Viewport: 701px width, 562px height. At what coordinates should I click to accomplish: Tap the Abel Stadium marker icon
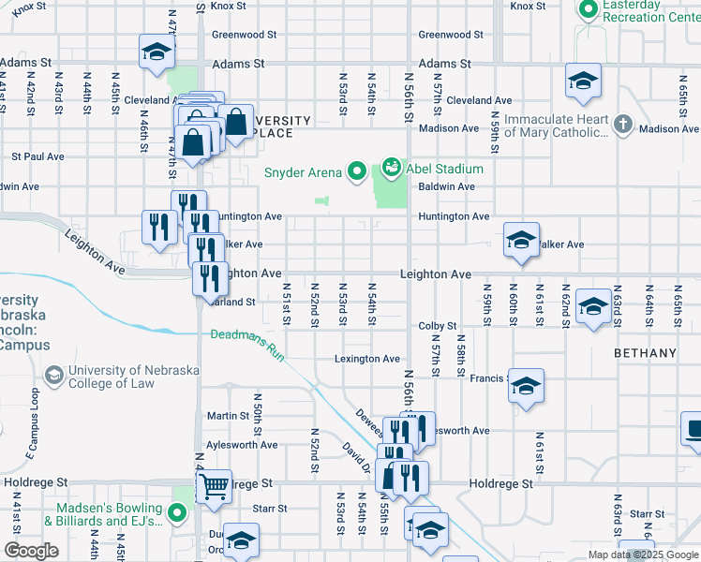[x=392, y=169]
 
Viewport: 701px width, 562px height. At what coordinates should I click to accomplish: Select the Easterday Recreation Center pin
[x=589, y=10]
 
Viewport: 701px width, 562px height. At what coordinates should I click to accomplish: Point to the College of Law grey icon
[x=54, y=376]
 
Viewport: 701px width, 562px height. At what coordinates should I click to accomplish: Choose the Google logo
[x=31, y=551]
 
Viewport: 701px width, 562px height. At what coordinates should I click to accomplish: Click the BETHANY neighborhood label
[x=645, y=353]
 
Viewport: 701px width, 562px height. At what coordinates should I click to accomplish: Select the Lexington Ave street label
[x=367, y=359]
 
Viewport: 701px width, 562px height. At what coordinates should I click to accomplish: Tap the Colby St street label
[x=437, y=326]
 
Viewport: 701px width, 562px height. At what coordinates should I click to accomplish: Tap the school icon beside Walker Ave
[x=521, y=240]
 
